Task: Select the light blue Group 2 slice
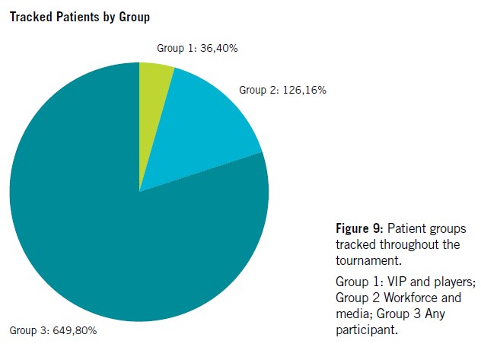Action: click(x=202, y=129)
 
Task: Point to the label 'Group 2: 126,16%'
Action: click(x=283, y=90)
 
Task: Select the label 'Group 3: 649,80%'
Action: click(x=53, y=330)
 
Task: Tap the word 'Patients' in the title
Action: click(x=75, y=17)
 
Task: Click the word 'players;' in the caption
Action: click(x=454, y=281)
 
